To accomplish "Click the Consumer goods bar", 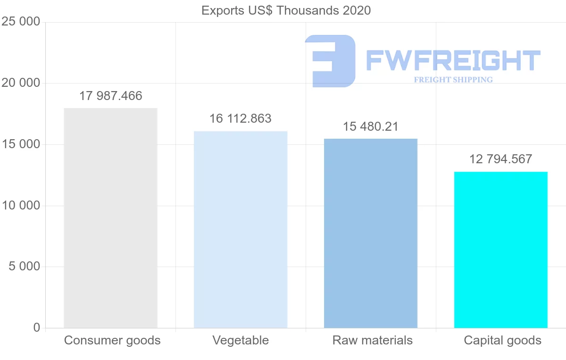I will (110, 218).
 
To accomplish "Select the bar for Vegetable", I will (241, 229).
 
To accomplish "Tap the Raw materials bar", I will (371, 233).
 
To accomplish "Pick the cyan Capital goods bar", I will (501, 250).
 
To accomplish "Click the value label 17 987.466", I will (110, 96).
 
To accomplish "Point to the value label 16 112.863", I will (241, 118).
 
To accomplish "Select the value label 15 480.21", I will (371, 127).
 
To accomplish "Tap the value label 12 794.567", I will (501, 159).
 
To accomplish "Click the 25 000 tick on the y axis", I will (21, 22).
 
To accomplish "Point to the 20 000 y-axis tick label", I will (21, 83).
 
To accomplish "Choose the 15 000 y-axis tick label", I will (21, 144).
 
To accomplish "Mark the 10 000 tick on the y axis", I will (21, 206).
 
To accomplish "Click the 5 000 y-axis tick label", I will (24, 267).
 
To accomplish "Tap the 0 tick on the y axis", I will (37, 328).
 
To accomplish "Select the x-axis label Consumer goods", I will (112, 340).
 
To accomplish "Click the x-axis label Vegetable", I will (241, 340).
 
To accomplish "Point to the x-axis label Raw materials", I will (373, 340).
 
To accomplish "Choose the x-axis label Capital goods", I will (503, 340).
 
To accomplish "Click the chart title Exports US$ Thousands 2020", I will (286, 10).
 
